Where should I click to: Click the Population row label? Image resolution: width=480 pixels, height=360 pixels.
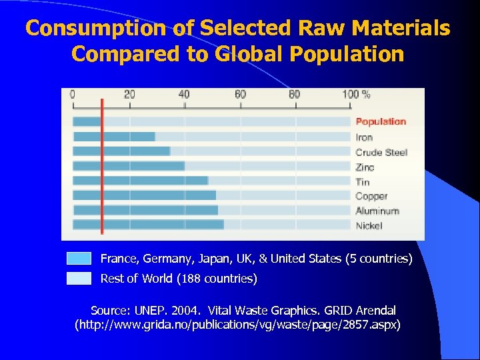click(x=380, y=121)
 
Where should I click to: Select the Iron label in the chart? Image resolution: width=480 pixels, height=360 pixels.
click(x=364, y=137)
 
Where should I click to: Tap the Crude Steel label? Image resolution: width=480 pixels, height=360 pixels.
click(x=381, y=152)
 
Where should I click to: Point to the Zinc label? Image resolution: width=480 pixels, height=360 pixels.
click(x=365, y=167)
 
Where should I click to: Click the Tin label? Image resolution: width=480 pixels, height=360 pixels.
click(x=362, y=182)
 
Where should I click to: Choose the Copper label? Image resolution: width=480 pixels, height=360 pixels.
click(x=371, y=196)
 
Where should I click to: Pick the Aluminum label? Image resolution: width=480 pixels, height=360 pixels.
click(x=377, y=211)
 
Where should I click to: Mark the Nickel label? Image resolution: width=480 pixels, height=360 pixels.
click(x=369, y=225)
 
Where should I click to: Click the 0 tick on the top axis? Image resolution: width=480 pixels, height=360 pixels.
click(x=73, y=95)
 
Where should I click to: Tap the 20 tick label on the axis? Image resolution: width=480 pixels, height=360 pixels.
click(x=129, y=95)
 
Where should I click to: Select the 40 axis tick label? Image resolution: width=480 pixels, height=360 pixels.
click(x=184, y=95)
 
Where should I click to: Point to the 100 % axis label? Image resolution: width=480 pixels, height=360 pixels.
click(x=356, y=95)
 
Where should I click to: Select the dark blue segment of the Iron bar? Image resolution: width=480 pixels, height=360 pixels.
click(x=113, y=137)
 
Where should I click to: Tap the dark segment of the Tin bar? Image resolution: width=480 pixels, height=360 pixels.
click(x=140, y=181)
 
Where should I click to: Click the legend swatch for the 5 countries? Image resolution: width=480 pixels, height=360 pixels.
click(x=79, y=259)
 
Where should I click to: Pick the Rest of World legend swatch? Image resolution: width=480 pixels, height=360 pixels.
click(x=79, y=278)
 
